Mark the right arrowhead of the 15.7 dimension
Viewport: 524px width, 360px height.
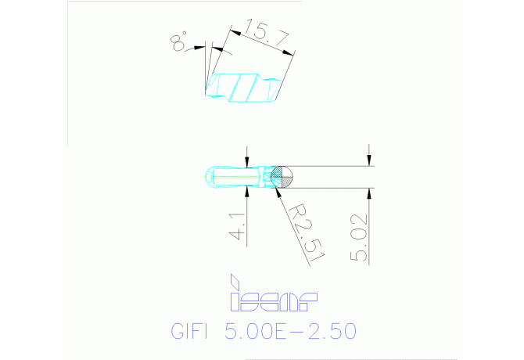tap(291, 54)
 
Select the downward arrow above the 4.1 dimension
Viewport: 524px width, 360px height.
tap(247, 162)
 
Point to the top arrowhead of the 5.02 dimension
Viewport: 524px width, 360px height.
tap(369, 160)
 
